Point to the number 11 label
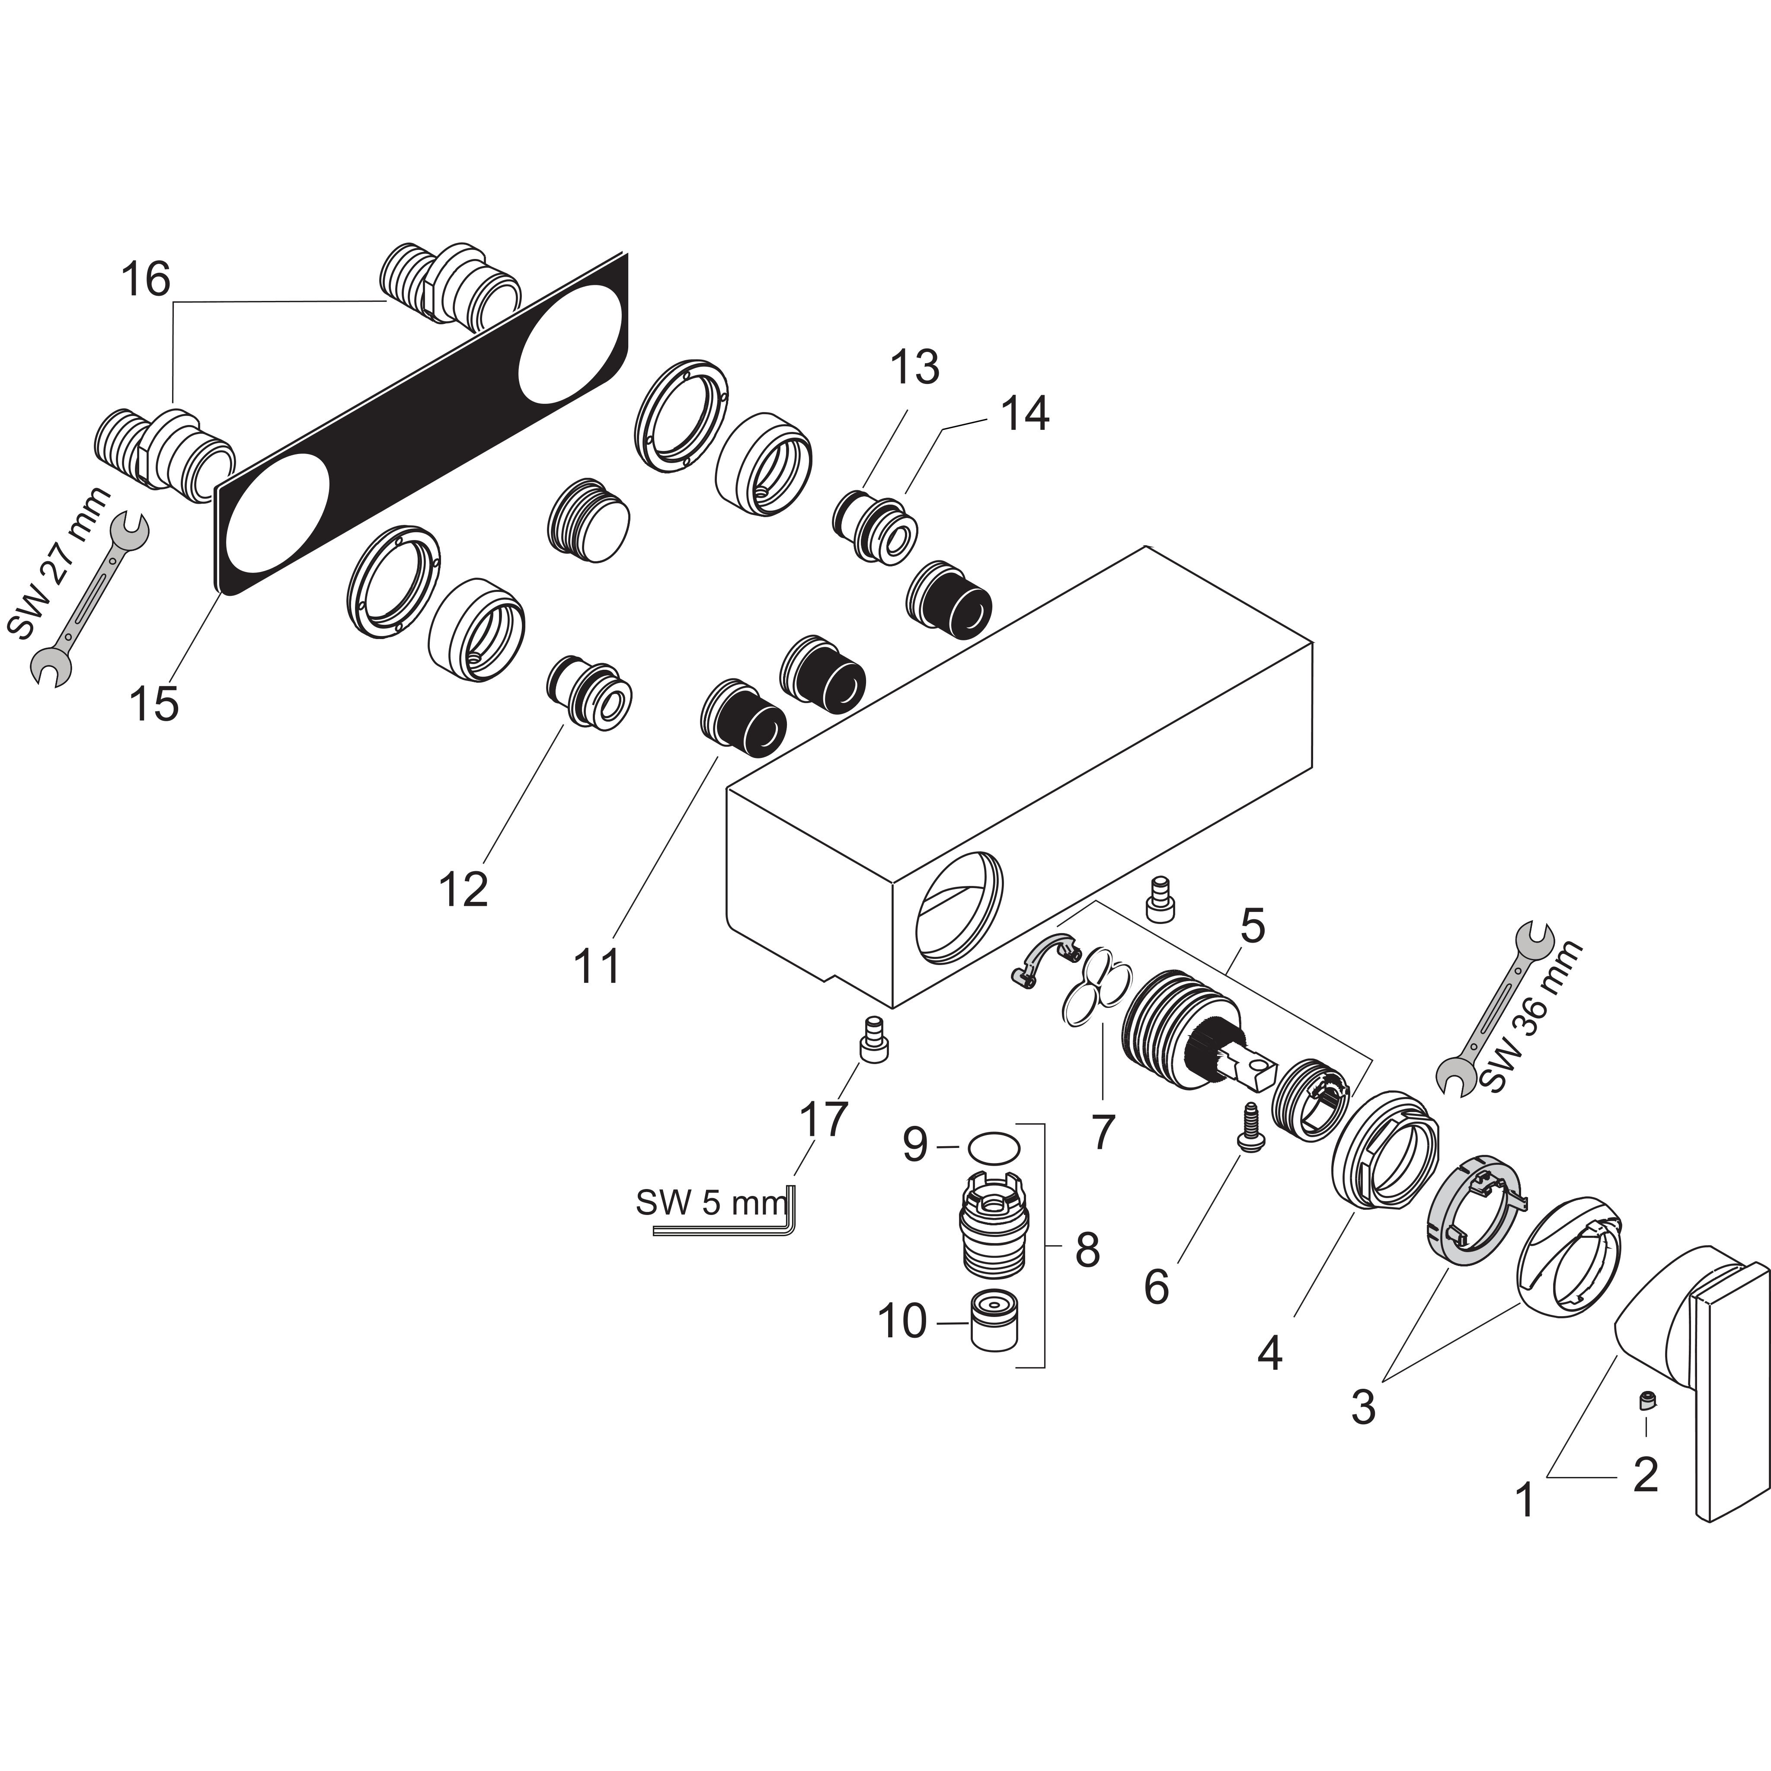click(x=597, y=965)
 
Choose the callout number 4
click(x=1269, y=1352)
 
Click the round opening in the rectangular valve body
click(x=960, y=908)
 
